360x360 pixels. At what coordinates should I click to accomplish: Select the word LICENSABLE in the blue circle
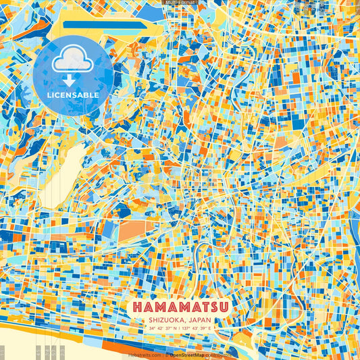pos(73,95)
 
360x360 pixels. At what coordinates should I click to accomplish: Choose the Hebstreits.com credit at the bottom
pos(145,355)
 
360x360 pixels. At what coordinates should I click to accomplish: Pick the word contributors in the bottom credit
pos(217,355)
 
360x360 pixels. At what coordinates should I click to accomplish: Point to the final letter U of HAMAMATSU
pos(222,307)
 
